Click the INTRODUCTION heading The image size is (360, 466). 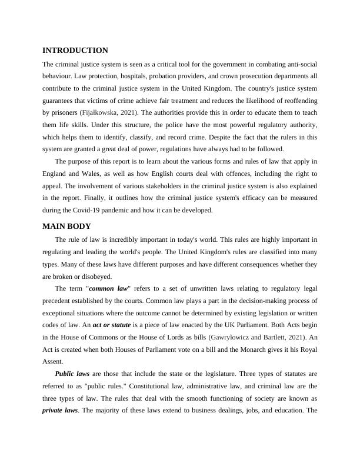[x=75, y=51]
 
